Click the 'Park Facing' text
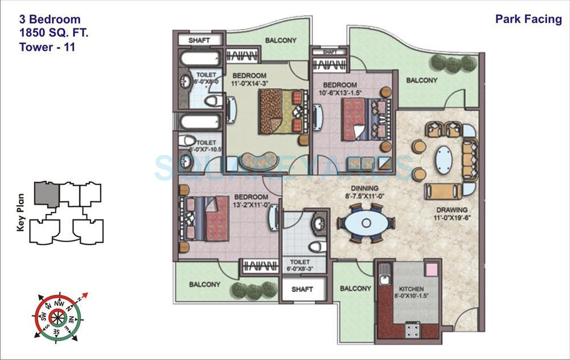528,19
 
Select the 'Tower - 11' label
47,47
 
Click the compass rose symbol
59,317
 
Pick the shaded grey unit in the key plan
46,194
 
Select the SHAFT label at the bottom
302,289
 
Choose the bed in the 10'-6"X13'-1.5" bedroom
359,118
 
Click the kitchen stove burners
412,329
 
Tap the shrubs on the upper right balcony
454,62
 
